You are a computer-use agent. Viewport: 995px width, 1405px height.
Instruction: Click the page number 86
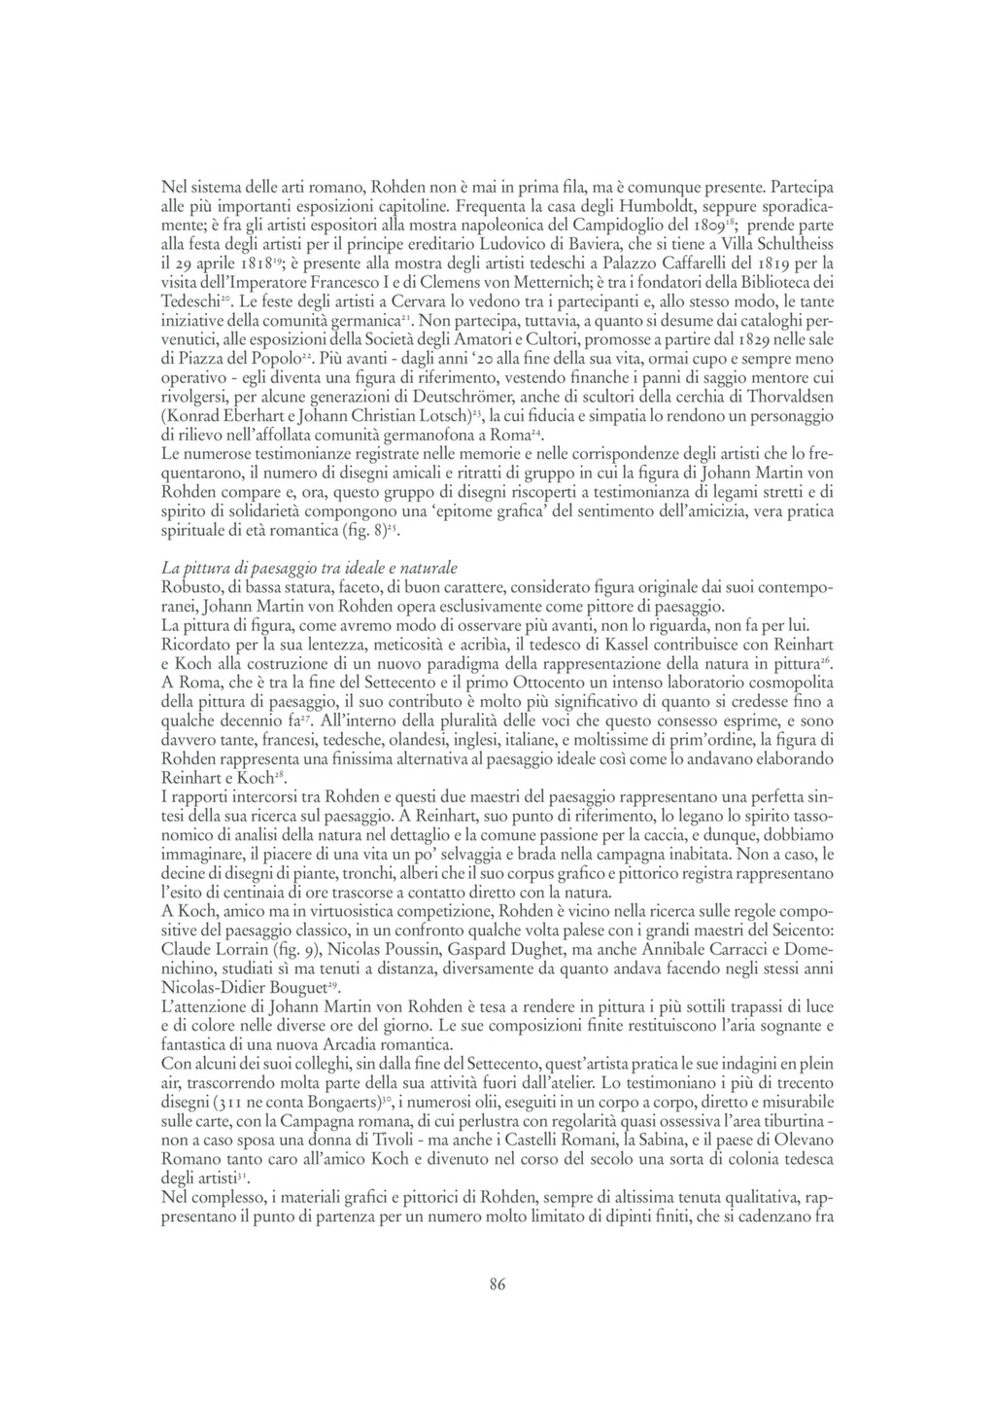pos(497,1284)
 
